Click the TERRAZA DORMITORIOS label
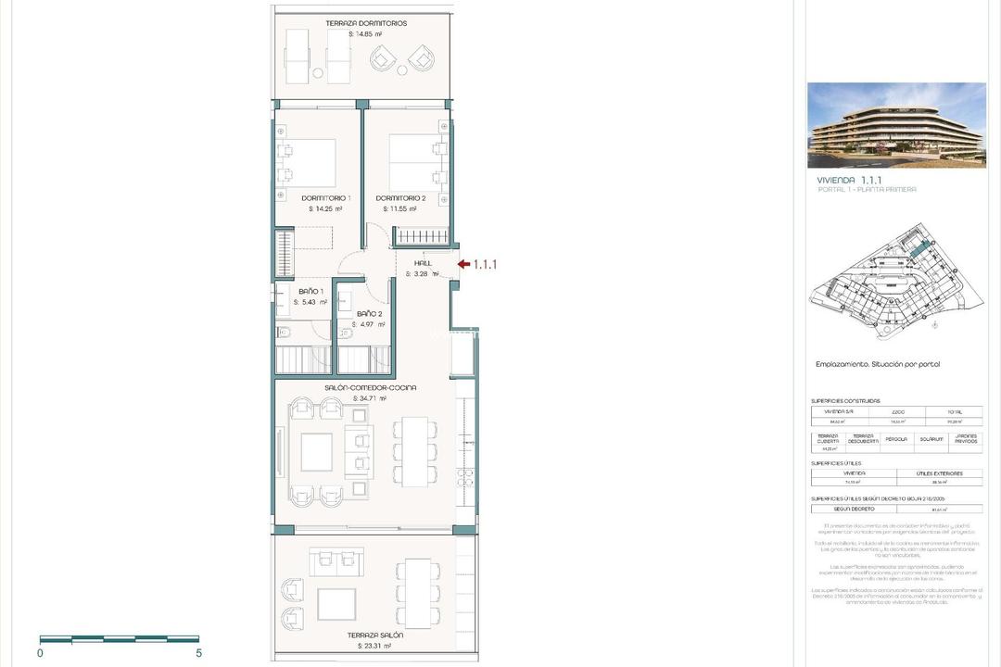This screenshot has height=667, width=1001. pos(366,23)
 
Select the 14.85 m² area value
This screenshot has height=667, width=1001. pos(366,34)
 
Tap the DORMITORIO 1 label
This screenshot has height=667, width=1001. pos(325,198)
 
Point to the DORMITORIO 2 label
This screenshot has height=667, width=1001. pos(400,198)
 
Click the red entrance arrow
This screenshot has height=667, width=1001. pos(463,264)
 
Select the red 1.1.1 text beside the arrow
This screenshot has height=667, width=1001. pos(486,264)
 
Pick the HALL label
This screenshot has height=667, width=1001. pos(423,263)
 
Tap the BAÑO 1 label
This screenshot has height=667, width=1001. pos(310,291)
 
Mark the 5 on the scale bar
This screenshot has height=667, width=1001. pos(199,653)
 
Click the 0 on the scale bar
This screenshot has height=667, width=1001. pos(41,653)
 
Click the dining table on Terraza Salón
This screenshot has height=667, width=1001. pos(417,593)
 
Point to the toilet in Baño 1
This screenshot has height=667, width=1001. pos(284,333)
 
